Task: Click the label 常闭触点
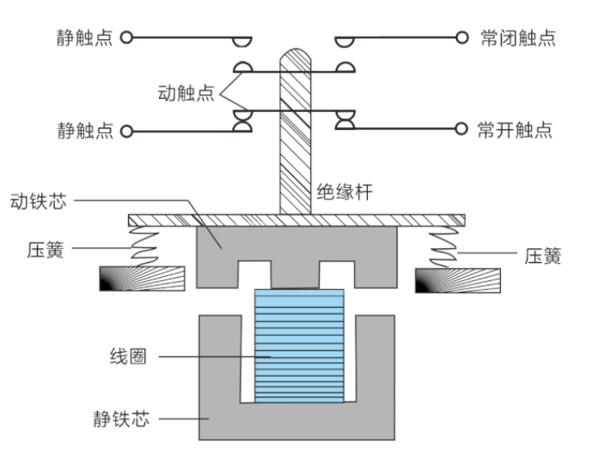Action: pyautogui.click(x=518, y=38)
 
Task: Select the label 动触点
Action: pyautogui.click(x=186, y=92)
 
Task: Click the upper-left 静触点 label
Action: pyautogui.click(x=85, y=38)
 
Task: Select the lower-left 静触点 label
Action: pyautogui.click(x=85, y=131)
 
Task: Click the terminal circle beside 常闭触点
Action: pyautogui.click(x=462, y=38)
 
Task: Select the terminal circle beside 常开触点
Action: pyautogui.click(x=462, y=129)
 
